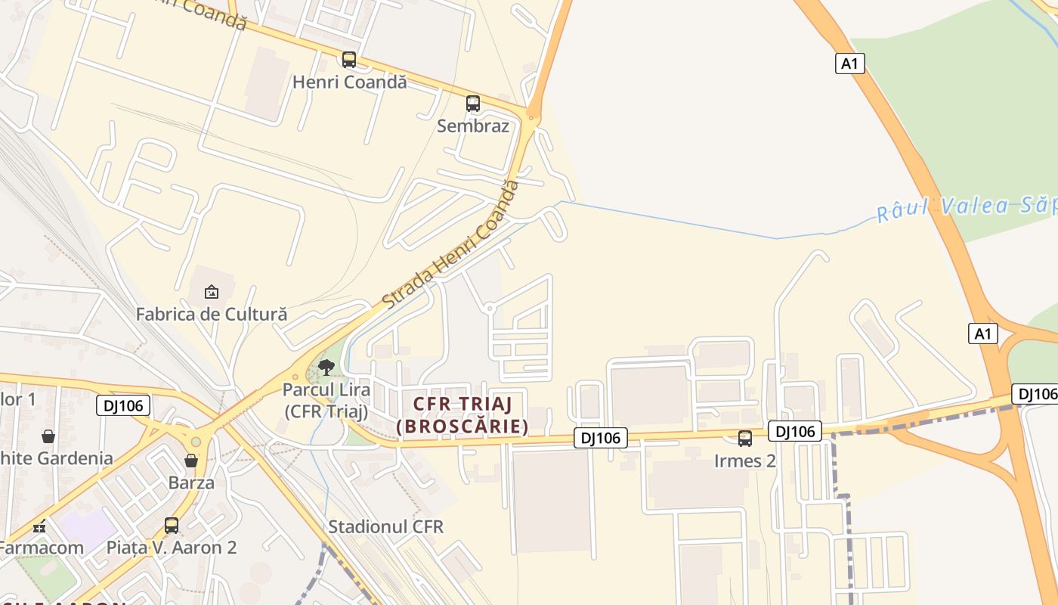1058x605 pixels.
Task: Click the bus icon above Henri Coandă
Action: pyautogui.click(x=348, y=60)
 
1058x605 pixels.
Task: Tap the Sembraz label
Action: pyautogui.click(x=473, y=126)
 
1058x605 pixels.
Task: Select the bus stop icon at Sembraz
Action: pyautogui.click(x=473, y=104)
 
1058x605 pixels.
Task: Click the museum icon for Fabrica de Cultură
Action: pyautogui.click(x=212, y=291)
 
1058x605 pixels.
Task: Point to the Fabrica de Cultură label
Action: pyautogui.click(x=212, y=313)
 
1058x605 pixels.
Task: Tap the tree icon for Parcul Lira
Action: pyautogui.click(x=326, y=368)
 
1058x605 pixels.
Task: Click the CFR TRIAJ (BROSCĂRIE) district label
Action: pyautogui.click(x=462, y=415)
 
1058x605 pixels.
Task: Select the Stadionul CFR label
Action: pyautogui.click(x=386, y=526)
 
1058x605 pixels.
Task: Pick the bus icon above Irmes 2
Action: pyautogui.click(x=745, y=439)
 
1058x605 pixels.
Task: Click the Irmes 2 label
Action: pyautogui.click(x=745, y=461)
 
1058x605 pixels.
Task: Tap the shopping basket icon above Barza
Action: pyautogui.click(x=191, y=461)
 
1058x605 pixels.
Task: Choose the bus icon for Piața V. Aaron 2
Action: pyautogui.click(x=172, y=525)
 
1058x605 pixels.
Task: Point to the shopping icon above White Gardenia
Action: pyautogui.click(x=48, y=436)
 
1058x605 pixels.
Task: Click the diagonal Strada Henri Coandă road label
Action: pyautogui.click(x=451, y=245)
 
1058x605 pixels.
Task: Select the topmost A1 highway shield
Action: pyautogui.click(x=850, y=64)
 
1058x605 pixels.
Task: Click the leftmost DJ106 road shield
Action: pyautogui.click(x=123, y=405)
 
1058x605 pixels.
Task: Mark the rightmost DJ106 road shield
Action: pyautogui.click(x=1035, y=394)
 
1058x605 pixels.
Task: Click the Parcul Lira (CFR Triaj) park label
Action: pyautogui.click(x=326, y=401)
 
